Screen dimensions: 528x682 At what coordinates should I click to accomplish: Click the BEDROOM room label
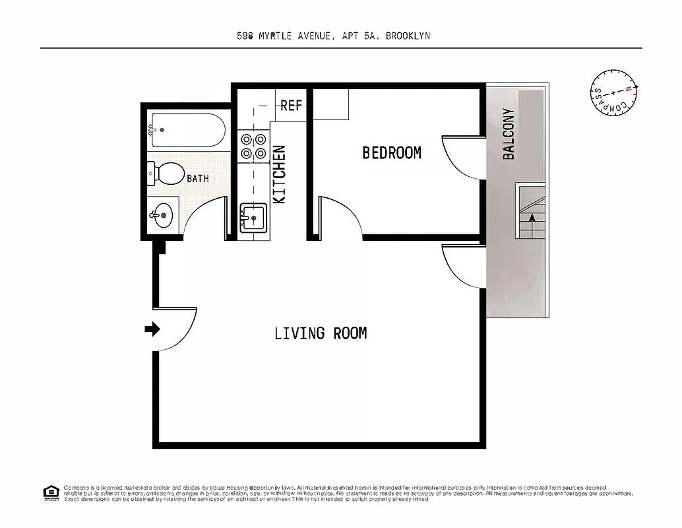point(391,152)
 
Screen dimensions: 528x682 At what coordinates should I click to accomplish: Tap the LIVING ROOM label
point(321,333)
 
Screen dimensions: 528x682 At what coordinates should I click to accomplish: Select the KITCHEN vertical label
point(279,174)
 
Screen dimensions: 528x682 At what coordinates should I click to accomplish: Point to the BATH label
point(197,178)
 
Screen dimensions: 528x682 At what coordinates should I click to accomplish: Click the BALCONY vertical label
point(509,134)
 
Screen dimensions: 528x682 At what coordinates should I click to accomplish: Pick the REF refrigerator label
point(291,106)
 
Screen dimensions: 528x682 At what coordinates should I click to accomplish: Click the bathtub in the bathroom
point(188,131)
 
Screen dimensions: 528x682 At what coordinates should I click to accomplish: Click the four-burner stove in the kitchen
point(253,146)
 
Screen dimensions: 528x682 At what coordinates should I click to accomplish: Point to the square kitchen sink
point(252,217)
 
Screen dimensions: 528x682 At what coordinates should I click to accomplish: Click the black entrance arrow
point(152,329)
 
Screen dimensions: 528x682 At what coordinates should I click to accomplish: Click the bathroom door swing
point(204,218)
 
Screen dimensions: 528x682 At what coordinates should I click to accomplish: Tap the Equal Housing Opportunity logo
point(51,492)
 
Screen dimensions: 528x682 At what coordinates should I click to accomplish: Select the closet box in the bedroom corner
point(330,104)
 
